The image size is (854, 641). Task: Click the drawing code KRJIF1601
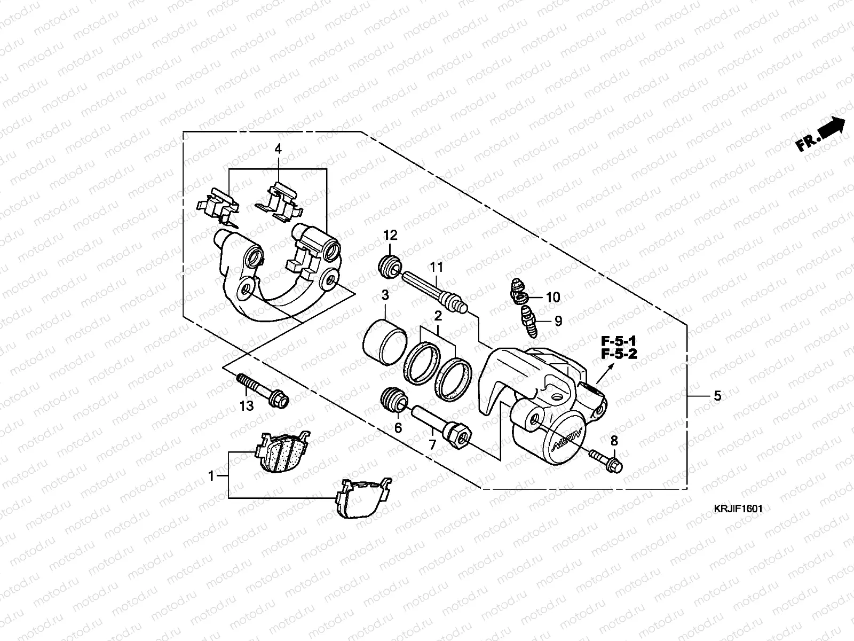tap(738, 509)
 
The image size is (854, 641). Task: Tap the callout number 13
tap(247, 407)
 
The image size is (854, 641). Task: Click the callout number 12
tap(390, 234)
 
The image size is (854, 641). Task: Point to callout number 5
tap(717, 396)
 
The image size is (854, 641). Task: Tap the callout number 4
tap(278, 149)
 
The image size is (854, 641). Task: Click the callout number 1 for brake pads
tap(211, 475)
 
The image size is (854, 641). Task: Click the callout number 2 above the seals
tap(437, 316)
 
